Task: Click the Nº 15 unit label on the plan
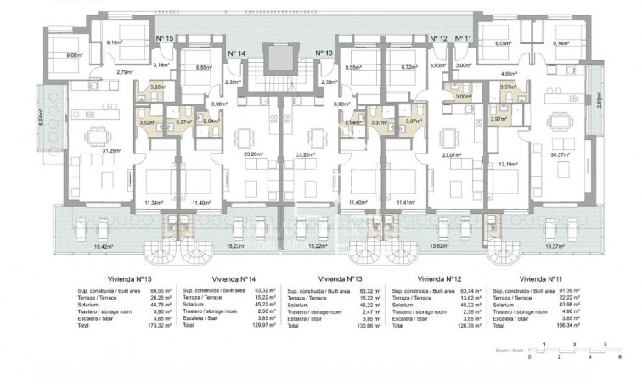166,39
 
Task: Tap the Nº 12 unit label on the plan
438,39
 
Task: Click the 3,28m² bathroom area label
156,87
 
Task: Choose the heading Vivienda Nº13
338,278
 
